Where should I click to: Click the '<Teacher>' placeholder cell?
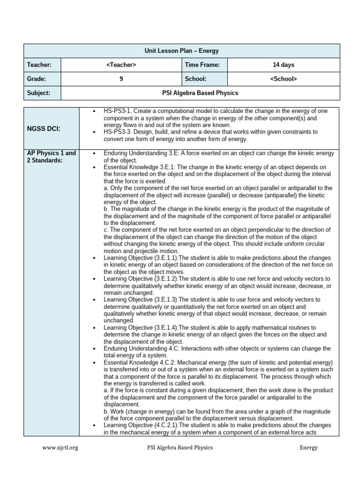click(x=121, y=65)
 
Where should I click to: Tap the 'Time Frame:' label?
click(x=199, y=65)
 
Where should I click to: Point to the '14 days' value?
click(x=284, y=65)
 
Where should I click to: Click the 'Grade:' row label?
click(x=37, y=79)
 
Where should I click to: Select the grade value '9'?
click(x=121, y=79)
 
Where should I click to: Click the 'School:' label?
click(x=195, y=79)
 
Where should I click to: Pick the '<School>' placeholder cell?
click(x=284, y=79)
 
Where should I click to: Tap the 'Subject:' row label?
click(x=38, y=93)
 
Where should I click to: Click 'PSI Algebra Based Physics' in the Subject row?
click(x=201, y=93)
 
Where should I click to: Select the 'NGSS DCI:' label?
click(x=43, y=128)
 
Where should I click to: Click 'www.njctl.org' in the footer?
click(x=60, y=447)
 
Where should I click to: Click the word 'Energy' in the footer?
click(x=308, y=447)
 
